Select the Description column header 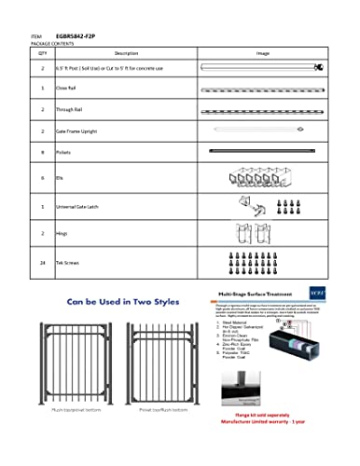click(127, 55)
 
